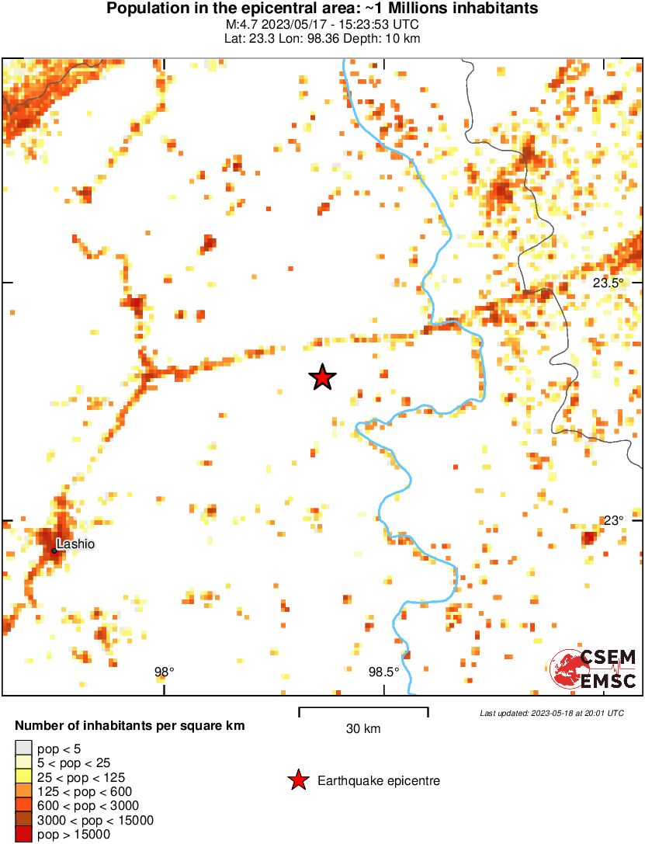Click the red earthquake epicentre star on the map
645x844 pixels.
[x=322, y=377]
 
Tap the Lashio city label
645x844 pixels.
[x=75, y=544]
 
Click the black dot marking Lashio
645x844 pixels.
[x=54, y=551]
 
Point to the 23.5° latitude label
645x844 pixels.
[x=608, y=283]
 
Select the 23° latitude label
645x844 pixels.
[x=614, y=520]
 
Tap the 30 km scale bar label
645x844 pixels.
[x=363, y=729]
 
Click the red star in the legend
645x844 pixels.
[x=297, y=781]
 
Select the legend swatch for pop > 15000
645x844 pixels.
[x=23, y=835]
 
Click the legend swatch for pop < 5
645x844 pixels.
[x=23, y=748]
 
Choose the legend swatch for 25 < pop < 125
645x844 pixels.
[x=23, y=776]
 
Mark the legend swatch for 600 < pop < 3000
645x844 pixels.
[x=23, y=806]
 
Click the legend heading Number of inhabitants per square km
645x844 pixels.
[x=130, y=727]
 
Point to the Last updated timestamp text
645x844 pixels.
[x=551, y=713]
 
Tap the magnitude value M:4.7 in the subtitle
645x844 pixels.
[x=238, y=25]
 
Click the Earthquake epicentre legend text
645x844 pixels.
[x=379, y=781]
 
